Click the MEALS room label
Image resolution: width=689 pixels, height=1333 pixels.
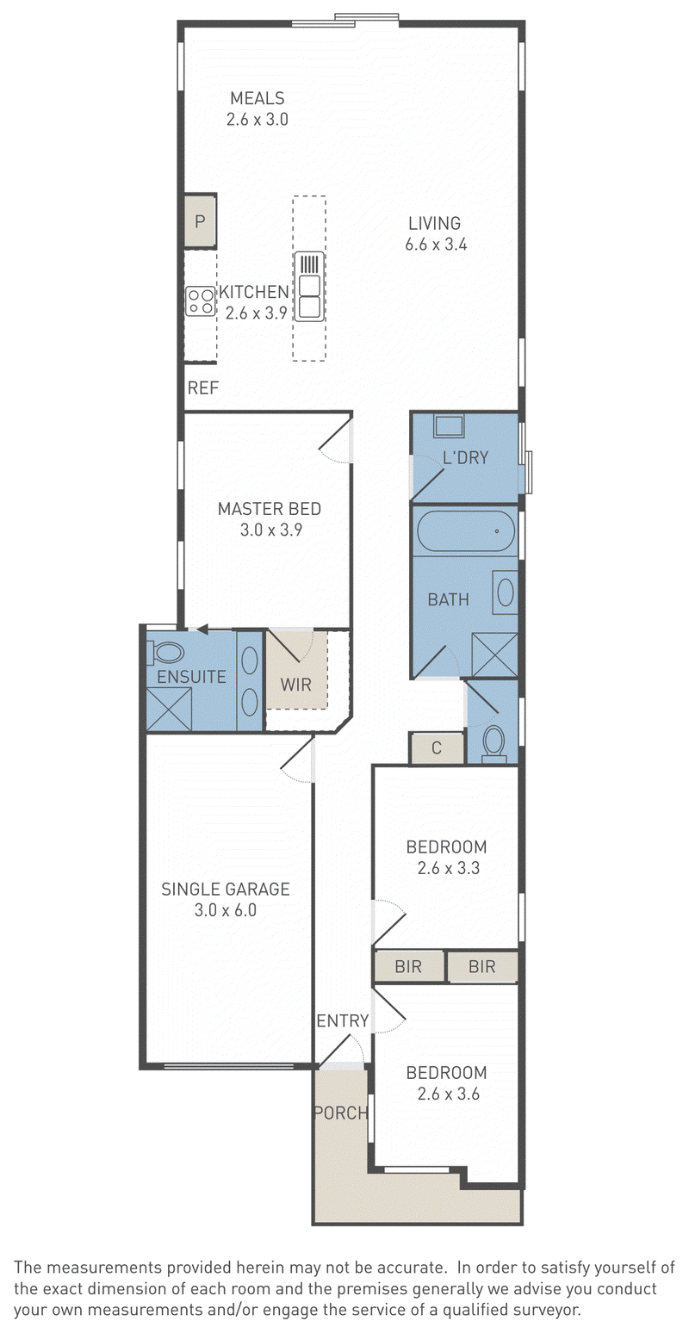point(257,97)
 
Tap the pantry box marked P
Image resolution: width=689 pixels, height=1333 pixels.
point(199,220)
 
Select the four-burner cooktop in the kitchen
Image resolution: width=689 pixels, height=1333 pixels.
point(200,301)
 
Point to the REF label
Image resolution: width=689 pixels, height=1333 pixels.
point(203,388)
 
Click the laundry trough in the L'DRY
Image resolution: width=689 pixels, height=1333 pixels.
point(450,426)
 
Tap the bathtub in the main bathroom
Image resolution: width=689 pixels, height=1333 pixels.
point(466,531)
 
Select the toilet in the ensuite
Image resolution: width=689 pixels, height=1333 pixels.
point(165,652)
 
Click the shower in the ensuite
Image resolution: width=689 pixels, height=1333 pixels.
point(169,709)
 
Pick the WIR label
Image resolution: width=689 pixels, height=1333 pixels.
point(295,685)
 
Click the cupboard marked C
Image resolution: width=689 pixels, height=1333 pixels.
point(436,747)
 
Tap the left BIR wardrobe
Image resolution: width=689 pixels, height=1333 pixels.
point(408,966)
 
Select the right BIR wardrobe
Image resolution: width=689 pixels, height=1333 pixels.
point(482,966)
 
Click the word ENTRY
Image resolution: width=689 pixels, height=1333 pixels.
point(343,1021)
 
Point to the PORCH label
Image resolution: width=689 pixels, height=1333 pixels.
point(341,1113)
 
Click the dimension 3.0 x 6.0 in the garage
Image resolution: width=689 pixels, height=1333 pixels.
point(225,910)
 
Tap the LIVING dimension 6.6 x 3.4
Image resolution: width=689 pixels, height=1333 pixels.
point(436,244)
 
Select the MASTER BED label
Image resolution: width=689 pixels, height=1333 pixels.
point(269,509)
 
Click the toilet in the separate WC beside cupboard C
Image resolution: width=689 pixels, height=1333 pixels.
point(493,744)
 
